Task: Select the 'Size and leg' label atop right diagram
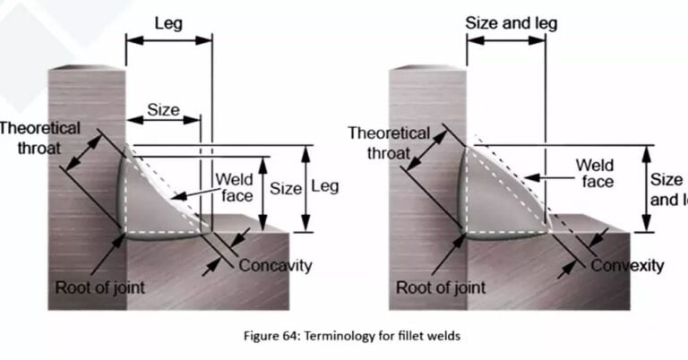[511, 23]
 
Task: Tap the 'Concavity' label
[275, 265]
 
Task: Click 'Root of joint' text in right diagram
[440, 287]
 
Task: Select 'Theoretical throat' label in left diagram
[40, 138]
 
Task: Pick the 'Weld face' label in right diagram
[594, 174]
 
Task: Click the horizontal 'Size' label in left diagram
[163, 111]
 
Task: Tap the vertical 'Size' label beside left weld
[286, 189]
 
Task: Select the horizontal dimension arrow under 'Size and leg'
[505, 40]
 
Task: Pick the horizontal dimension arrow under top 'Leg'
[168, 39]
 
